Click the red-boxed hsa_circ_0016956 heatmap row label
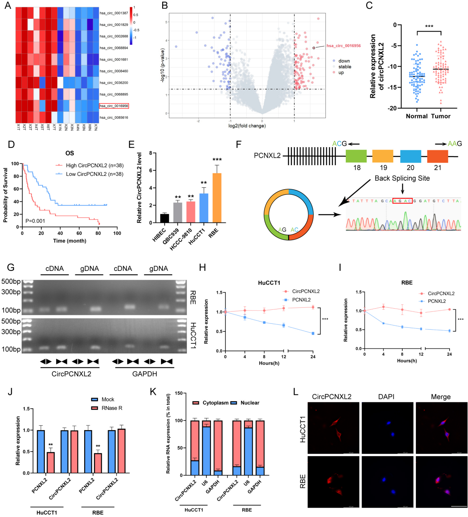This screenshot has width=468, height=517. [114, 106]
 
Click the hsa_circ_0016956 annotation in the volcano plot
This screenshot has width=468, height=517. [343, 46]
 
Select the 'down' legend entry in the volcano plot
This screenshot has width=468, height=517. [344, 61]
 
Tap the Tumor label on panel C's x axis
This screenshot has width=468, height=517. [441, 116]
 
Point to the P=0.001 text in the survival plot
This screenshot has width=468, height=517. [35, 221]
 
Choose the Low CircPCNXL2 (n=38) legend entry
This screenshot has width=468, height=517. [94, 174]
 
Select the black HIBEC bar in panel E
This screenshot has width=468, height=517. [165, 218]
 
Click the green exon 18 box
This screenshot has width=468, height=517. [356, 156]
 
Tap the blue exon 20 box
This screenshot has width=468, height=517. [410, 156]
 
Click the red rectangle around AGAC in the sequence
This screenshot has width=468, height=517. [402, 201]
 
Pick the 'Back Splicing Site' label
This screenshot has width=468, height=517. [402, 178]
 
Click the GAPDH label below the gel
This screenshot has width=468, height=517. [144, 374]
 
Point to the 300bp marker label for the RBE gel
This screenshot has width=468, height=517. [11, 292]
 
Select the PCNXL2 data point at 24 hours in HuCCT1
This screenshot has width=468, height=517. [313, 333]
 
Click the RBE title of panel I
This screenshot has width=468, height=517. [407, 283]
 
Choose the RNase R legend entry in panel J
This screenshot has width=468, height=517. [112, 408]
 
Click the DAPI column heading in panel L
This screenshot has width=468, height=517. [386, 397]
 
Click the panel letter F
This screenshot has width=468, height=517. [239, 144]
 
